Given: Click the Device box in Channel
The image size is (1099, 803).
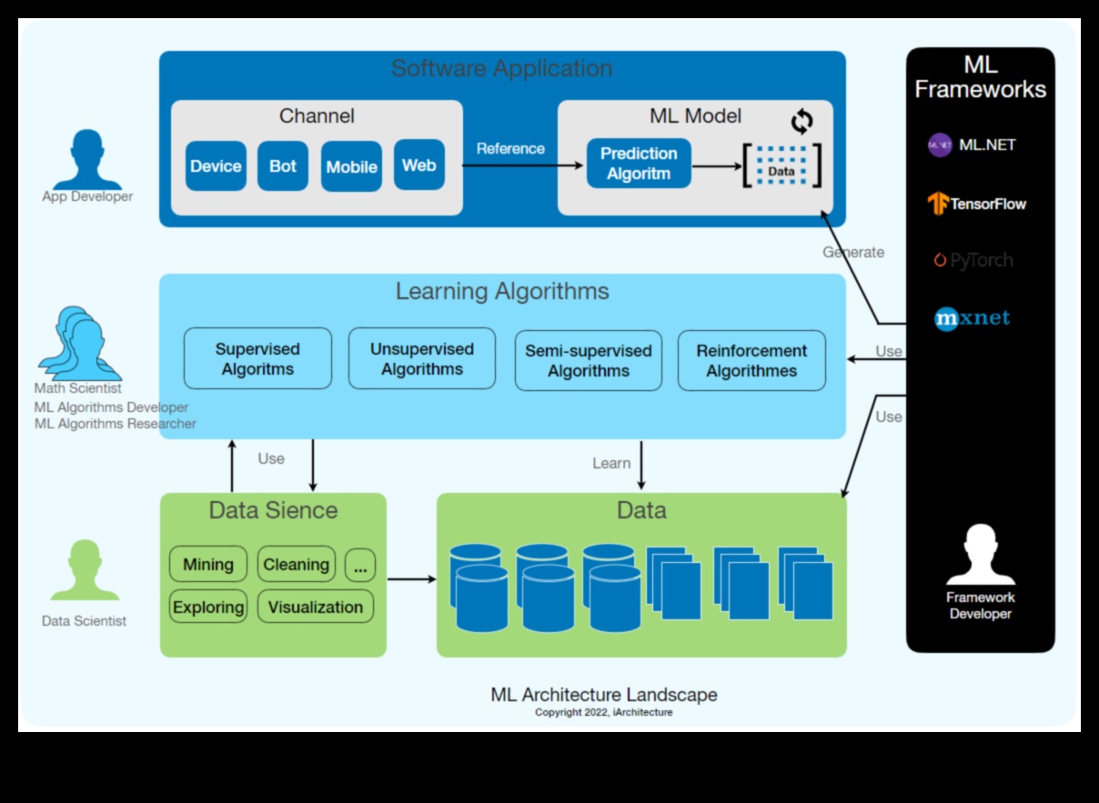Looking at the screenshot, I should [x=216, y=166].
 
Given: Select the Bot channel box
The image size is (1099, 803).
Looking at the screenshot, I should [x=283, y=166].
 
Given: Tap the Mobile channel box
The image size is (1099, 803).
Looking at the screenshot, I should [x=351, y=166].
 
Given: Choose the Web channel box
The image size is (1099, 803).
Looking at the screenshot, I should [x=419, y=166].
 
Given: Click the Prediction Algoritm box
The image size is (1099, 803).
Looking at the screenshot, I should [x=639, y=164].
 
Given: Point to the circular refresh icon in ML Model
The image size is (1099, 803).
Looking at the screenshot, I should [x=802, y=121].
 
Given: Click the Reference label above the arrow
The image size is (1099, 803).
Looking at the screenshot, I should [x=510, y=149].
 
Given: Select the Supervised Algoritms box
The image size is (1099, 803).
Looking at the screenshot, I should [x=257, y=359].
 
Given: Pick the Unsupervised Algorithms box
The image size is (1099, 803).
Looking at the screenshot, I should [x=422, y=359].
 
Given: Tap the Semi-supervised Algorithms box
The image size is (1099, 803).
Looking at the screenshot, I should [x=589, y=361].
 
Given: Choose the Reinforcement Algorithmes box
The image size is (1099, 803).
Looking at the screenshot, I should [x=751, y=361].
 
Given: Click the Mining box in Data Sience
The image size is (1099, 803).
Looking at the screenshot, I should [x=208, y=565].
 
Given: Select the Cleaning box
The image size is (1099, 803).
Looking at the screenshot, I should [x=296, y=565].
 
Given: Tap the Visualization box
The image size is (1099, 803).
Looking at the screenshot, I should [x=315, y=607].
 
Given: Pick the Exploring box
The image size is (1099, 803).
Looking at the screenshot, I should [x=208, y=607].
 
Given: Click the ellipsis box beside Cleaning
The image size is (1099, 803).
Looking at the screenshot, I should [x=360, y=566].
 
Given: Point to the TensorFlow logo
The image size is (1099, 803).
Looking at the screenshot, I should [x=976, y=204].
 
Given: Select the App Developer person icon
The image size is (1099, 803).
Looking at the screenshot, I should [x=86, y=161].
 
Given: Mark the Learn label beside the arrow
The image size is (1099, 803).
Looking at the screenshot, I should [x=611, y=464].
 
